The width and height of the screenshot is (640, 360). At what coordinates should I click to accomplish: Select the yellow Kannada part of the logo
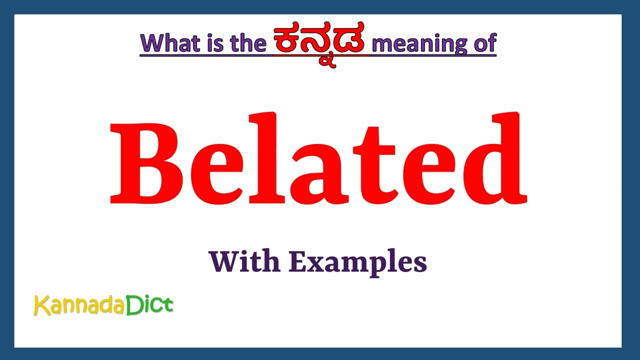pyautogui.click(x=79, y=305)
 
